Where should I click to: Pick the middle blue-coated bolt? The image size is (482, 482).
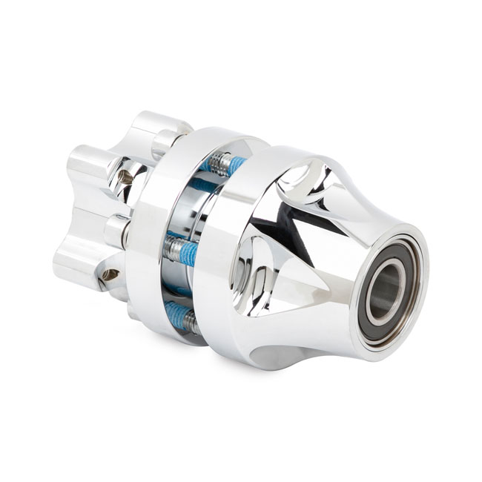[181, 251]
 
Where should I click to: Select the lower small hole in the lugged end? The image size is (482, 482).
[111, 274]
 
